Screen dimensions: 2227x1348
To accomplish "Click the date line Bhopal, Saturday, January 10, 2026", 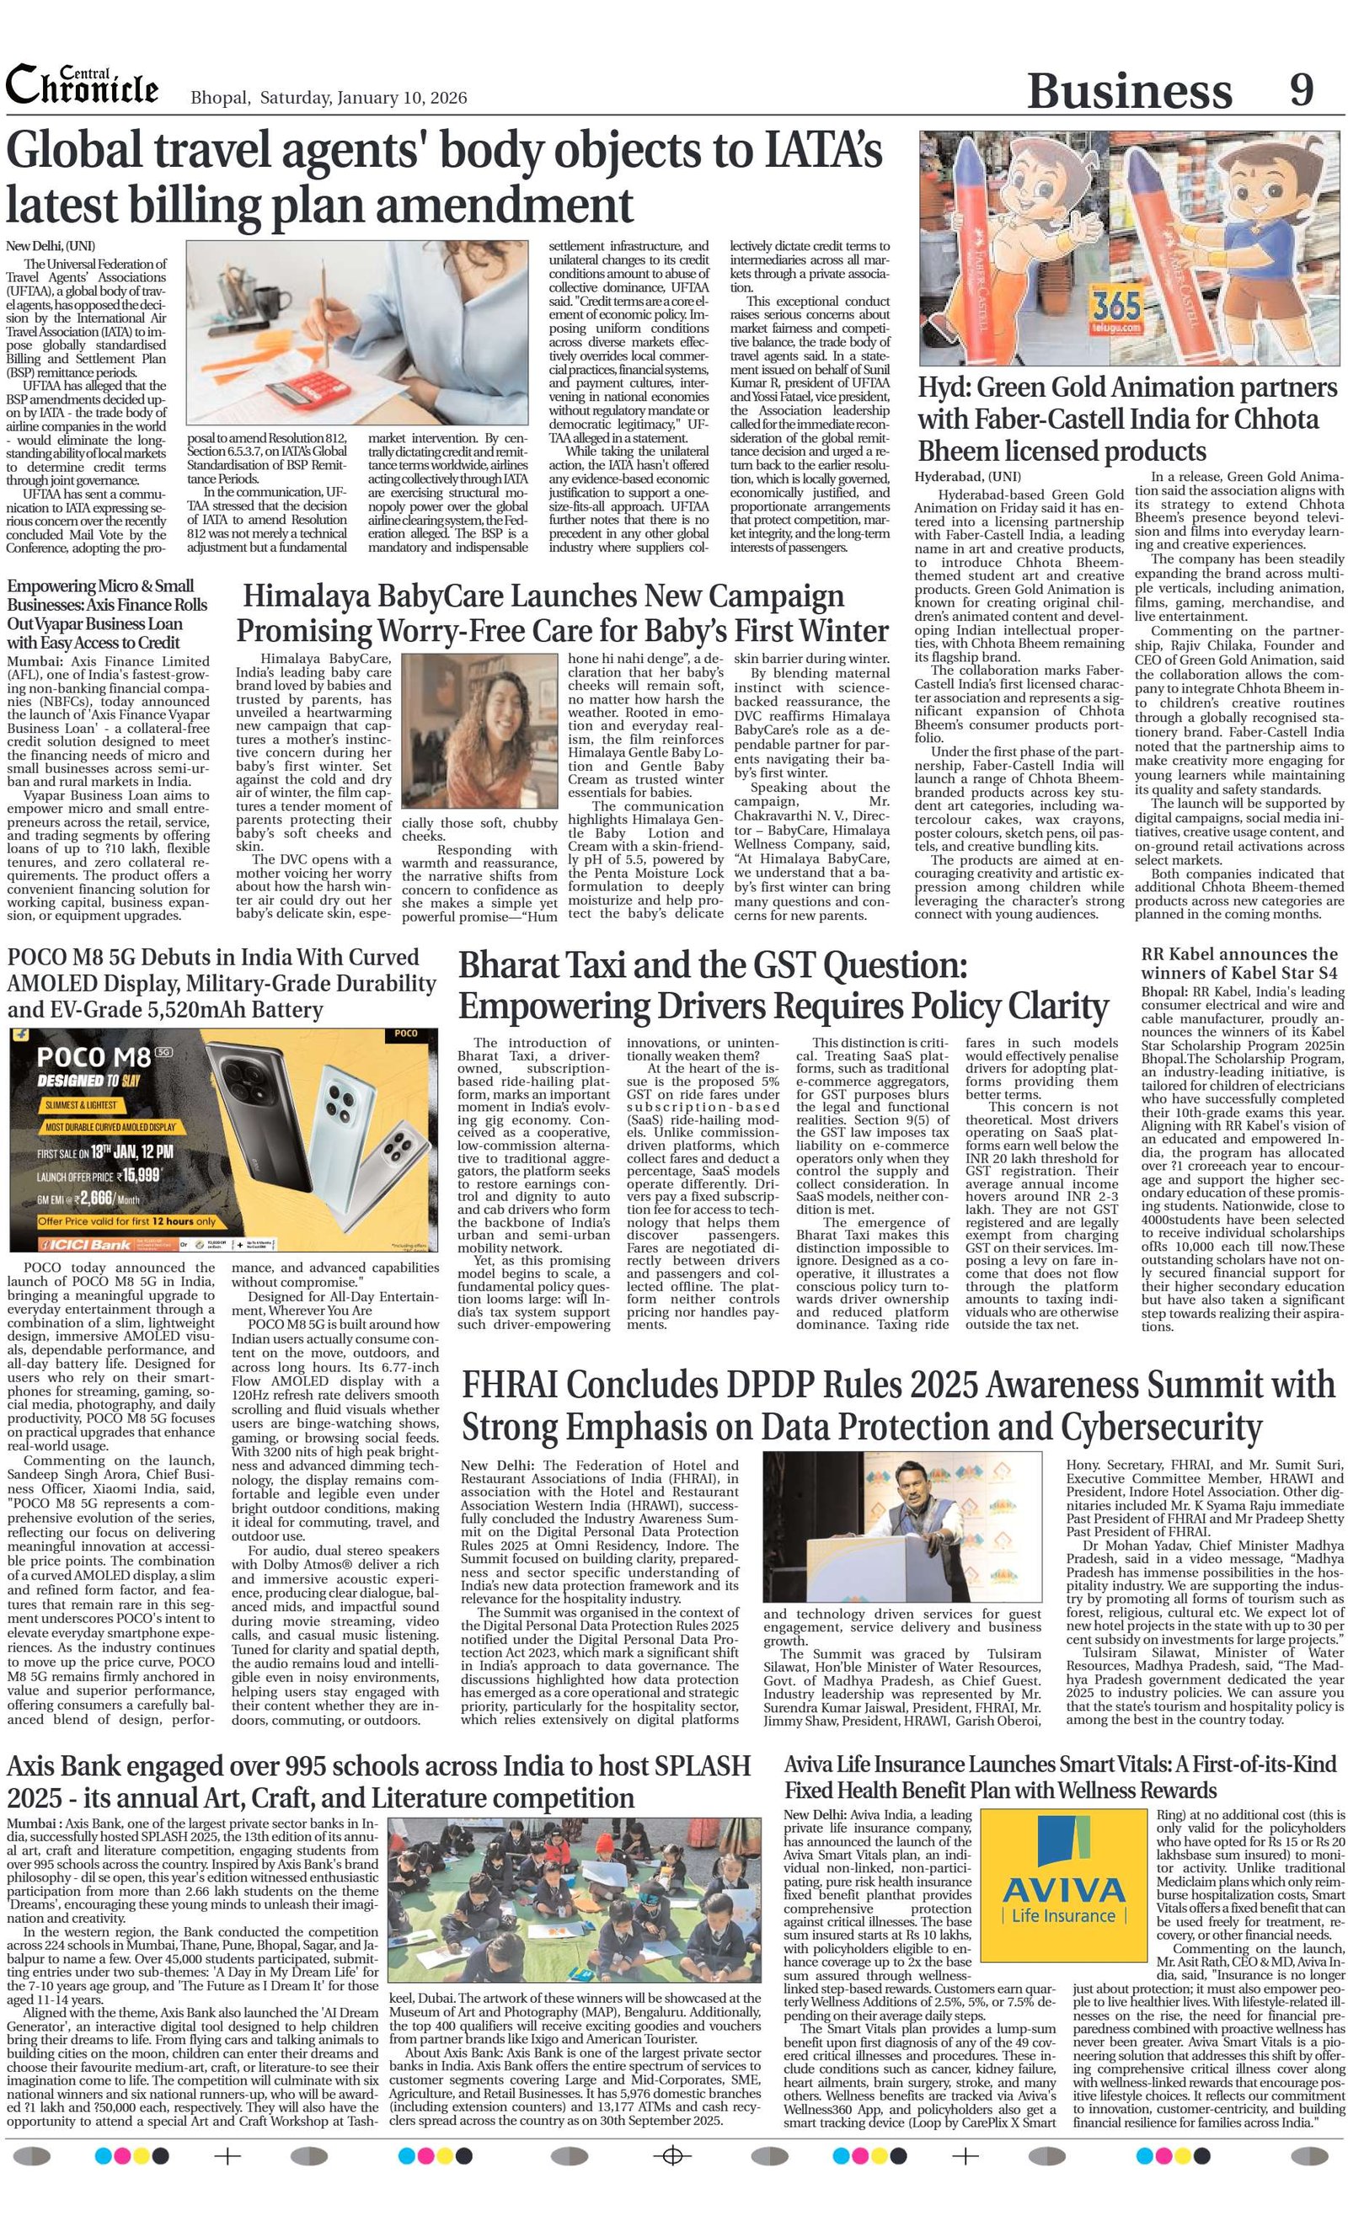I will pos(329,98).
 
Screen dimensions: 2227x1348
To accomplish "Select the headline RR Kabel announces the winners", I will pos(1239,964).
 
